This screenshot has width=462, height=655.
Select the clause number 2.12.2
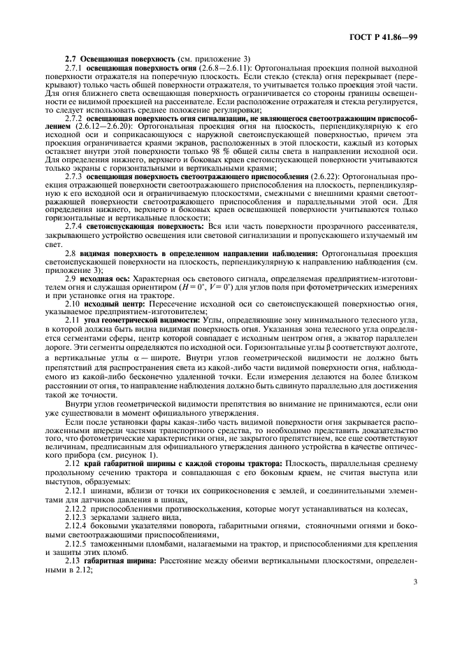77,509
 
